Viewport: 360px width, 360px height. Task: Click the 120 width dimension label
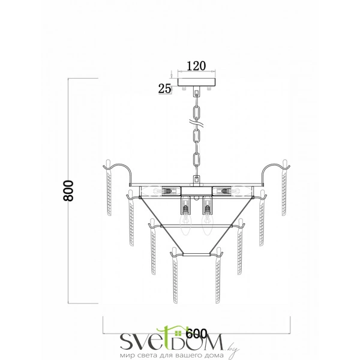tap(196, 66)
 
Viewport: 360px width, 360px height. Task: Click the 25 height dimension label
tap(164, 89)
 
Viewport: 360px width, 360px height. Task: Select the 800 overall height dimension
tap(68, 191)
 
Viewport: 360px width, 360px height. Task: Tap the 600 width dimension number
tap(197, 333)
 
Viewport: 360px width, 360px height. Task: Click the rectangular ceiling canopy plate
tap(197, 82)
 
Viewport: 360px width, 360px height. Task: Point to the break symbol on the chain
tap(196, 124)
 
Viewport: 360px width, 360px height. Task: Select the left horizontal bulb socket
tap(171, 191)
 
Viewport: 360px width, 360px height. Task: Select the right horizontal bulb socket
tap(222, 191)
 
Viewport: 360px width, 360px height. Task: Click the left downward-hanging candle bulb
tap(185, 222)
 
